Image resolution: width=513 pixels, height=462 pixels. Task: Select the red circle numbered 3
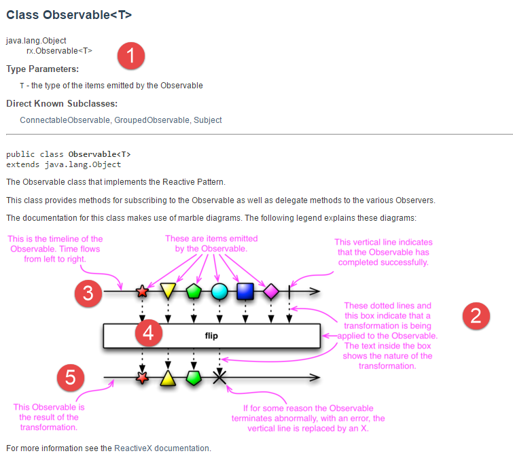click(x=88, y=293)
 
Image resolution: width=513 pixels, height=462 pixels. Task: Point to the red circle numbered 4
click(x=149, y=334)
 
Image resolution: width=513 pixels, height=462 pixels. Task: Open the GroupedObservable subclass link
click(x=152, y=120)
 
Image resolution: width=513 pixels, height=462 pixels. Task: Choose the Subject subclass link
click(x=208, y=120)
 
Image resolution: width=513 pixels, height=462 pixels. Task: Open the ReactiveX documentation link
click(x=162, y=448)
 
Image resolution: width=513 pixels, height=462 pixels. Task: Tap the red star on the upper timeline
click(x=142, y=292)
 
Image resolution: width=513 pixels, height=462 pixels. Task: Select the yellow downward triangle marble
click(x=169, y=292)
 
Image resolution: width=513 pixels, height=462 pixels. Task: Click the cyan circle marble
click(x=219, y=292)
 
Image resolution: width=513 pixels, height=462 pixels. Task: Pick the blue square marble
click(x=245, y=292)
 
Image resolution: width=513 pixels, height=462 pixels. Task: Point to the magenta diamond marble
click(x=271, y=292)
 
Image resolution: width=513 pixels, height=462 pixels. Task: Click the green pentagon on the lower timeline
click(x=194, y=377)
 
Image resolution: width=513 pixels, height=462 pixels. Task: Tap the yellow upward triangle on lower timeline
click(x=168, y=377)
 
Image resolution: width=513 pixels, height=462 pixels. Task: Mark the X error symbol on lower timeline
click(x=219, y=377)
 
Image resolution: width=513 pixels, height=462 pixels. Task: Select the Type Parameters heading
click(x=43, y=69)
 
